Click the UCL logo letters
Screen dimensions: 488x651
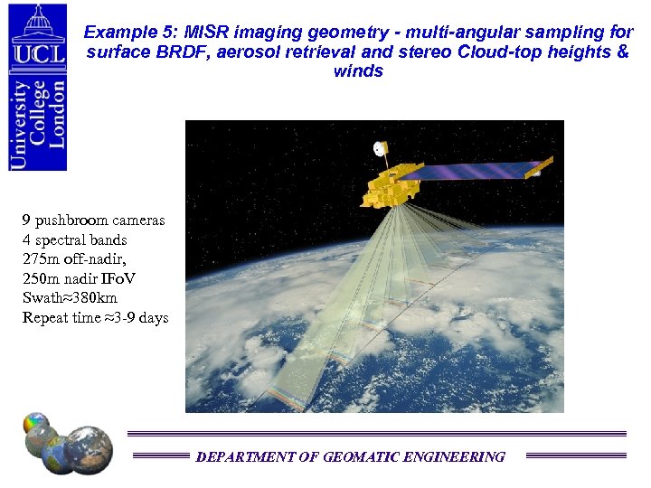(x=37, y=52)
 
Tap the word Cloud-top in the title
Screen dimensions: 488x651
(x=493, y=52)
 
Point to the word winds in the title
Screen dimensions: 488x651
(x=358, y=70)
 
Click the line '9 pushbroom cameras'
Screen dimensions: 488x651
(x=94, y=221)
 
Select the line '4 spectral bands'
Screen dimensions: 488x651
(x=75, y=240)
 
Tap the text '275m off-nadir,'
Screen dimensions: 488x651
(x=74, y=259)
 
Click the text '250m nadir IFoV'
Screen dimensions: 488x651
(x=80, y=279)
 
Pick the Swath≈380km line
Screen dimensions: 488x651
(x=71, y=298)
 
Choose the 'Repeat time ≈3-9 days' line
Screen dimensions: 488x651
(x=96, y=318)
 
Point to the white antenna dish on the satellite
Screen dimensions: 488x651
(x=381, y=147)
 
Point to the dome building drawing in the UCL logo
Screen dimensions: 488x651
(x=37, y=20)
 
